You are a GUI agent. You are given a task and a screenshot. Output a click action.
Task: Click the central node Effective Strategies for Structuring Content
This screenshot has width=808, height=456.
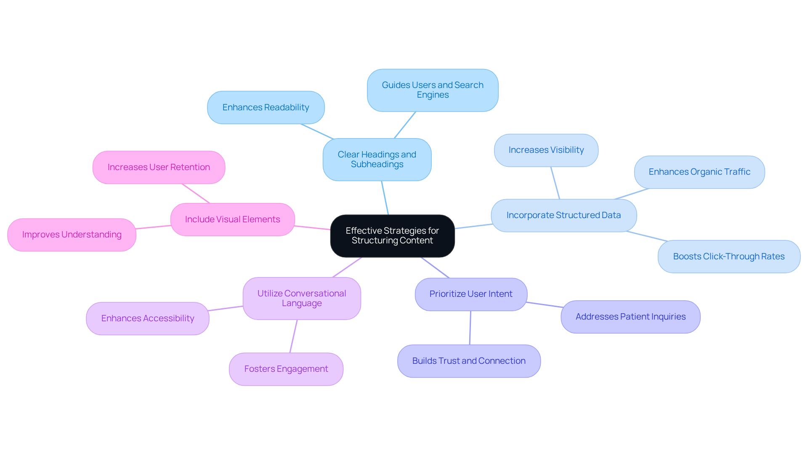coord(392,236)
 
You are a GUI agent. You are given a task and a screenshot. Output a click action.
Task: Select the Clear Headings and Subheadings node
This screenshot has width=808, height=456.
coord(377,160)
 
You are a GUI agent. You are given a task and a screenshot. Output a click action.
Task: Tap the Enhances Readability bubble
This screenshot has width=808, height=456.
coord(266,107)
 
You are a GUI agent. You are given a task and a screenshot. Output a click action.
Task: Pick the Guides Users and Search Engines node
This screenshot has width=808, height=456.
coord(433,90)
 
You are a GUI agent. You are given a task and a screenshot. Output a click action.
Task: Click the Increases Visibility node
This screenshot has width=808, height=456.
coord(546,150)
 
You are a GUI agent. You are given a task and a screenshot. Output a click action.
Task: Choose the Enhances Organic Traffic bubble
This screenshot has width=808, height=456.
coord(699,172)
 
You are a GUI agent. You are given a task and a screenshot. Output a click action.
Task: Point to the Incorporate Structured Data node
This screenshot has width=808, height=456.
coord(563,215)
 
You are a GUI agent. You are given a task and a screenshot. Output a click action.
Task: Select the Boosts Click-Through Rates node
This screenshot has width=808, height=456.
coord(728,256)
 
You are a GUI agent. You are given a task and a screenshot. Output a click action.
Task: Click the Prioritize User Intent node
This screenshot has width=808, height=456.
coord(470,294)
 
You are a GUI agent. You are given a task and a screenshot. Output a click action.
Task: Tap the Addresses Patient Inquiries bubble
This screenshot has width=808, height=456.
coord(630,317)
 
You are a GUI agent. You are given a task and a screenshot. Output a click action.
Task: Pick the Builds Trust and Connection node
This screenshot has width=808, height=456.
coord(468,361)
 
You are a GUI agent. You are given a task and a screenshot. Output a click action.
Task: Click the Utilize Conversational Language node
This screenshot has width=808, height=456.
coord(301,298)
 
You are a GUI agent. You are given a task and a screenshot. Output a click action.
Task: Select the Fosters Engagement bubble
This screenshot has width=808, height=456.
coord(286,369)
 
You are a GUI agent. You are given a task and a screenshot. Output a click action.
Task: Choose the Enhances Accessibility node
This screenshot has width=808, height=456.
coord(147,318)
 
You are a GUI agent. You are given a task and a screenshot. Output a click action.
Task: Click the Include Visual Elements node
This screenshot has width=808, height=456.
coord(232,219)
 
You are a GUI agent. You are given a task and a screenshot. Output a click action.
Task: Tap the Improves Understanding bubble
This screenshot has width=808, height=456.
coord(72,235)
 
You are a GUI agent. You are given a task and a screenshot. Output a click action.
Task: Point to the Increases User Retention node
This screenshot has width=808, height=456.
coord(159,167)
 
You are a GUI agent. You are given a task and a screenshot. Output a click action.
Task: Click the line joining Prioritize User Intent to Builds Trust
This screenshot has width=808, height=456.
coord(470,328)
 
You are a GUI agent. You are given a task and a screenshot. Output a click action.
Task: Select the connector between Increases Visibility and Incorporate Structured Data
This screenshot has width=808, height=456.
coord(555,183)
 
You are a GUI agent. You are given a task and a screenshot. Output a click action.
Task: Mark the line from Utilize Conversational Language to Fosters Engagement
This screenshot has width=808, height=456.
coord(293,336)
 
